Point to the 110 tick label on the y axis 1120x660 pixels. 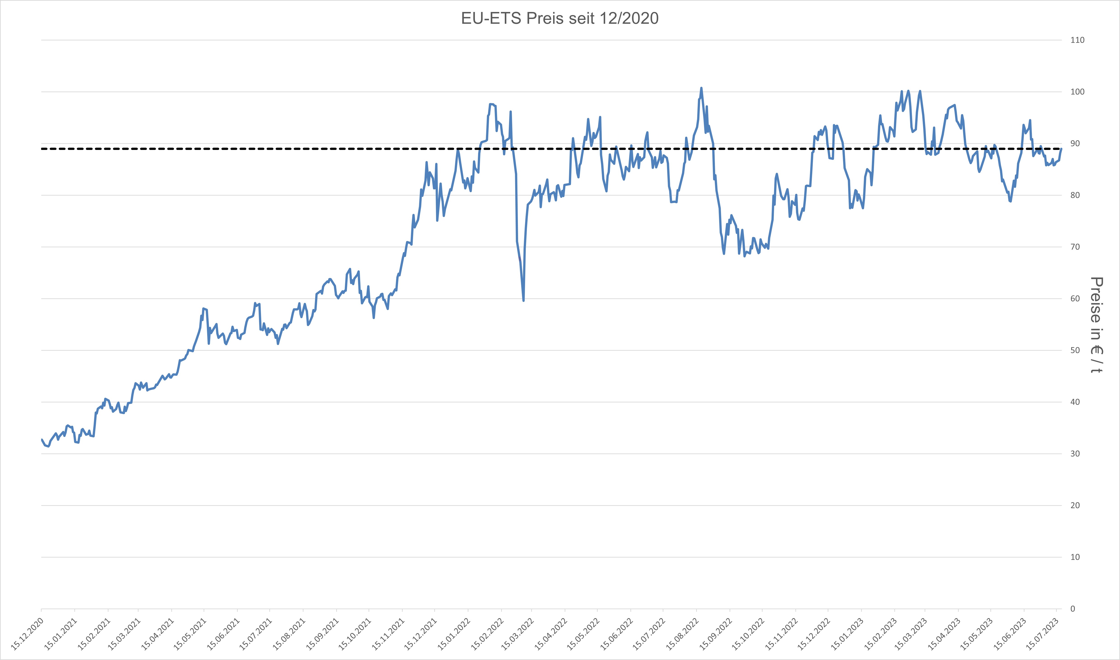point(1077,40)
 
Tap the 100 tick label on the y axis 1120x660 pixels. point(1077,92)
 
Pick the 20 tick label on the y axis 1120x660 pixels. point(1075,505)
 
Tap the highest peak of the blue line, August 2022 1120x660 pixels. point(701,88)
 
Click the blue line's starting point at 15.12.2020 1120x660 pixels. point(41,439)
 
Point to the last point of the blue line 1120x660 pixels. point(1061,149)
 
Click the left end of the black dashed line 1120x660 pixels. point(42,149)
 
